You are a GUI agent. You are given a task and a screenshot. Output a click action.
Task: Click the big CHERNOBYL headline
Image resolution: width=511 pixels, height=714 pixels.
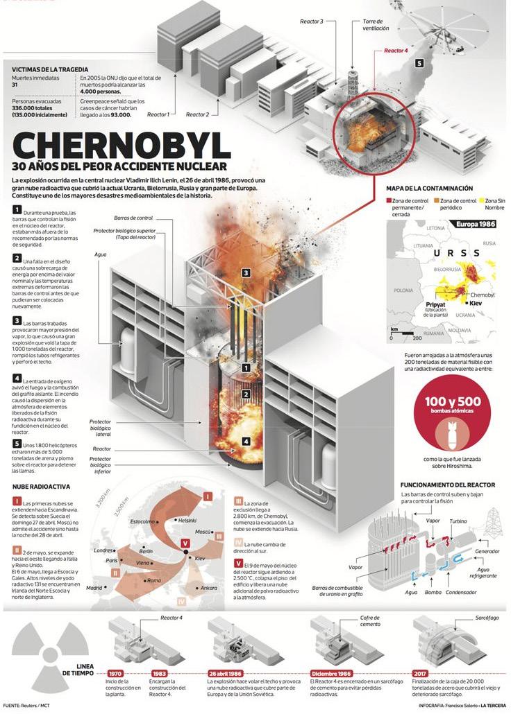pos(122,145)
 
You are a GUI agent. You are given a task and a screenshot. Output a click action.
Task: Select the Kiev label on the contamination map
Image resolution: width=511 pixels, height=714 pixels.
pos(476,303)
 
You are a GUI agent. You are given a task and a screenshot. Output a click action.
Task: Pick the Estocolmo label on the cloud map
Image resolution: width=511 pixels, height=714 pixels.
pos(142,520)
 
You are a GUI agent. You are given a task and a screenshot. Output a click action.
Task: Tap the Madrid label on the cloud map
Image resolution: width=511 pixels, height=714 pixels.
pos(94,588)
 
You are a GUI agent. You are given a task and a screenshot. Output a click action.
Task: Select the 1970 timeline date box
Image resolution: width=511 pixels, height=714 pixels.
pos(115,672)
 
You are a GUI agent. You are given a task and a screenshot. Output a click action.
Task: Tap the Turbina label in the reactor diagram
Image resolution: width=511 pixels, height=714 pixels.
pos(458,520)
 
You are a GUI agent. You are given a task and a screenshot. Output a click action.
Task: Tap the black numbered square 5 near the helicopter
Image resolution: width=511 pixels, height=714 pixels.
pos(419,63)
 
